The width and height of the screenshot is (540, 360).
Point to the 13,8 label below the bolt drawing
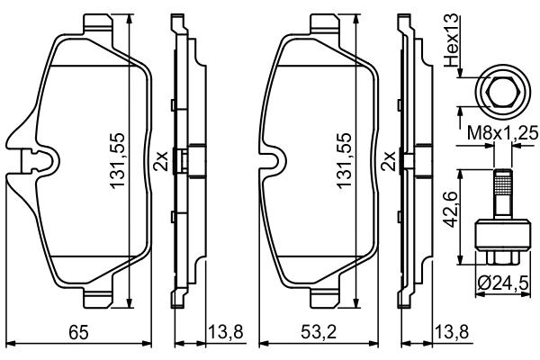451,334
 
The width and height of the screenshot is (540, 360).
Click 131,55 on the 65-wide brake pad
117,161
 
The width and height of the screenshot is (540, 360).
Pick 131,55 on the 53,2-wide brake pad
344,161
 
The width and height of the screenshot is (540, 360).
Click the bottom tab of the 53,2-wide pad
321,298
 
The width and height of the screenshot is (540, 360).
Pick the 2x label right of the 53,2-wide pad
389,161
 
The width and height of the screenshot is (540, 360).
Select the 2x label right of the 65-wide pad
160,161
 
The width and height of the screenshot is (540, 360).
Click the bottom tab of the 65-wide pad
94,298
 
